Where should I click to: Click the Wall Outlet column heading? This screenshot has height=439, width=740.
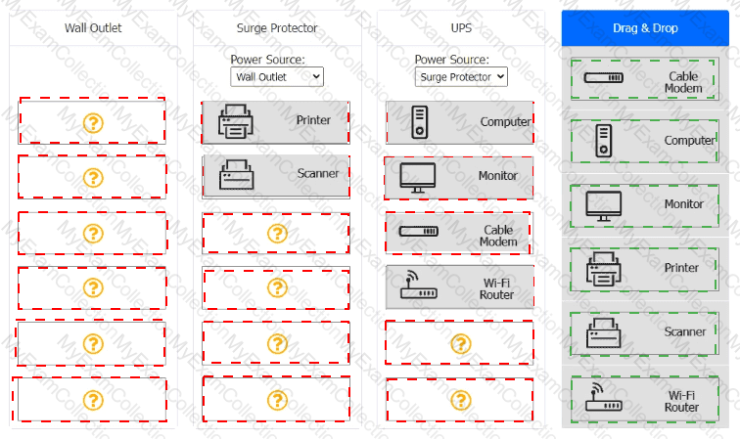coord(93,28)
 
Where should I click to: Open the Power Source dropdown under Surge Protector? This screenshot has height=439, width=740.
coord(277,76)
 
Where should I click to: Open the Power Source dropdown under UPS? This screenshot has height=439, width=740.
coord(461,76)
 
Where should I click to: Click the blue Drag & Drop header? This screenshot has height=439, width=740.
coord(645,28)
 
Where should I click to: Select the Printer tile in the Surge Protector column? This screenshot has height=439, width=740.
coord(276,121)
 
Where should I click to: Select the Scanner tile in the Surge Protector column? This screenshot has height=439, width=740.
coord(276,176)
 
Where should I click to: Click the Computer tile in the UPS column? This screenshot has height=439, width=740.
coord(460,122)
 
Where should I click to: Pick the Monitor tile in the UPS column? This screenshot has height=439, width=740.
coord(460,177)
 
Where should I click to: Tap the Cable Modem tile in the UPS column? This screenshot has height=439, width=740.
coord(460,233)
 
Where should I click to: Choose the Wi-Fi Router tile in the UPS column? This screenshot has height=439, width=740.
coord(460,287)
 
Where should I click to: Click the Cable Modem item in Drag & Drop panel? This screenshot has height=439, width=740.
coord(644,80)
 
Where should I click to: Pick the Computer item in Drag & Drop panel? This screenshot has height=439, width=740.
coord(644,141)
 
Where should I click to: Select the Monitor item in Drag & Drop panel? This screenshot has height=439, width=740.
coord(644,204)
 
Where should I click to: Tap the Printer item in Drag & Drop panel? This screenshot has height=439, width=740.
coord(644,268)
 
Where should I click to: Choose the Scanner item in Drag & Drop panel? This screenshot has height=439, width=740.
coord(644,332)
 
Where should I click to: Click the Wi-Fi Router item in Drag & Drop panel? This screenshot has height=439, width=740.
coord(644,399)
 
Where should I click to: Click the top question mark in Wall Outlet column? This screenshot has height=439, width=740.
coord(93,122)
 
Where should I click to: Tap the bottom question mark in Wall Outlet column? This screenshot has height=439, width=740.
coord(93,400)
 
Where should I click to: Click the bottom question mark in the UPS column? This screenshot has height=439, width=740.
coord(460,400)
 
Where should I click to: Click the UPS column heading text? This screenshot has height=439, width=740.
coord(461,28)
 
